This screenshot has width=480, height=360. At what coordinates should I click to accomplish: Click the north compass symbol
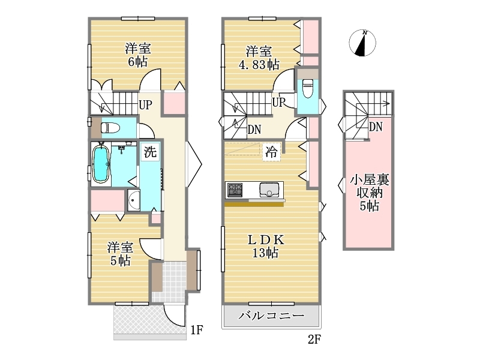[x=362, y=43]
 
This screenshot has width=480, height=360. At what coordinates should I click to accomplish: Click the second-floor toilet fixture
[x=307, y=88]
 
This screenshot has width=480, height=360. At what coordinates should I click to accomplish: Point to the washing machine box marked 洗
[x=150, y=152]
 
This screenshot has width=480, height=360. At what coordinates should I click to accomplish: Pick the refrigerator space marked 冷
[x=271, y=152]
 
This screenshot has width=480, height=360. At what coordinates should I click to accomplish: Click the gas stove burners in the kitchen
[x=235, y=190]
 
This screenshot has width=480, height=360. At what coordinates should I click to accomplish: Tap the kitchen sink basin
[x=269, y=190]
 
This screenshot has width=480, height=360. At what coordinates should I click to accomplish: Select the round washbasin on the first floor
[x=133, y=200]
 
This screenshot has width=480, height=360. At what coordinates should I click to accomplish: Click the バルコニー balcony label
[x=272, y=316]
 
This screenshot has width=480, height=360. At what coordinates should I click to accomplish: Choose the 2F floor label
[x=314, y=339]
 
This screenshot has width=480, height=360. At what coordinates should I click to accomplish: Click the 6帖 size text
[x=138, y=62]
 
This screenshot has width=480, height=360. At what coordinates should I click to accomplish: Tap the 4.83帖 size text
[x=259, y=65]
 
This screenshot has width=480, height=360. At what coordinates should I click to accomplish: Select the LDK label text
[x=266, y=239]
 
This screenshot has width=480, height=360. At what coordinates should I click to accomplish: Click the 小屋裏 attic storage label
[x=369, y=180]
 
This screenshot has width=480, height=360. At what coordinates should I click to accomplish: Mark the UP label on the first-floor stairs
[x=145, y=104]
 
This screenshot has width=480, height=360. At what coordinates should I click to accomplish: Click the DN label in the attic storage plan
[x=376, y=127]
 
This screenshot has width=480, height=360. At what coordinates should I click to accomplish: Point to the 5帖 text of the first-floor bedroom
[x=121, y=260]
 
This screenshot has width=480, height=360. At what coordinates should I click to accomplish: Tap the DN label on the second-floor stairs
[x=254, y=130]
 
